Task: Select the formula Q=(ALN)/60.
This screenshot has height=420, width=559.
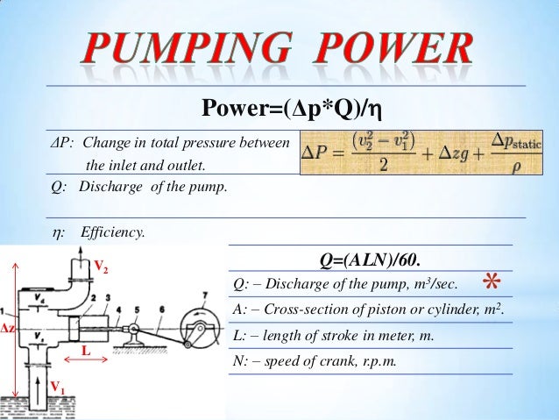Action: (370, 260)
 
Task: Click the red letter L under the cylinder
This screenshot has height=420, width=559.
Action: (86, 349)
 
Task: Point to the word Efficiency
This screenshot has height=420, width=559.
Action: (113, 232)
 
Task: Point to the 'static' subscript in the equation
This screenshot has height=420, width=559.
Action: (520, 142)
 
